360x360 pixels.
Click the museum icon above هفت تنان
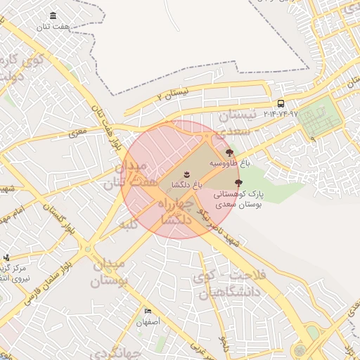click(54, 15)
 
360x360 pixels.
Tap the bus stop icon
click(281, 103)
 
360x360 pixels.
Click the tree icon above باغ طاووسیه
click(229, 152)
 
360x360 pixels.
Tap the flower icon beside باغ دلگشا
click(186, 174)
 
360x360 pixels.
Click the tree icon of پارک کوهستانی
click(238, 183)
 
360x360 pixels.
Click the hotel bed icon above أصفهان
click(148, 311)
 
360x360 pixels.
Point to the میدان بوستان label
click(110, 274)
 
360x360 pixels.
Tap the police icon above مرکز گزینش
click(6, 257)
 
